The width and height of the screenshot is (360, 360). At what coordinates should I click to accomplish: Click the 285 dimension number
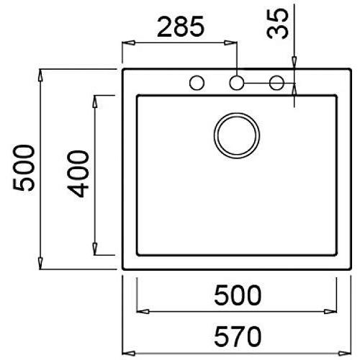[x=181, y=27]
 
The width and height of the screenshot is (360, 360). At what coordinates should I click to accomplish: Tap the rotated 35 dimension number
[x=277, y=24]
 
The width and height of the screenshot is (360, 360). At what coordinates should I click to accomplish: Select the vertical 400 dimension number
[x=78, y=174]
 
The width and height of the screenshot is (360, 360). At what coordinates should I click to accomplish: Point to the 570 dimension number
[x=238, y=336]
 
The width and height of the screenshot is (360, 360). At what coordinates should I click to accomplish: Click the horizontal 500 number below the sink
[x=238, y=295]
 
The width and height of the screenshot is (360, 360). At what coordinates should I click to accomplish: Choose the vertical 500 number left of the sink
[x=24, y=168]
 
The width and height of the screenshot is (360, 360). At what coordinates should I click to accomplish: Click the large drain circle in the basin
[x=237, y=135]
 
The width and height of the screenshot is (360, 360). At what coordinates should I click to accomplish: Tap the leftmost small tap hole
[x=197, y=83]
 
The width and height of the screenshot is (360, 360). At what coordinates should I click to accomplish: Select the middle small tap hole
[x=237, y=83]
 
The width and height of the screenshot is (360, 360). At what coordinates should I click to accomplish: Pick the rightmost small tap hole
[x=276, y=83]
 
